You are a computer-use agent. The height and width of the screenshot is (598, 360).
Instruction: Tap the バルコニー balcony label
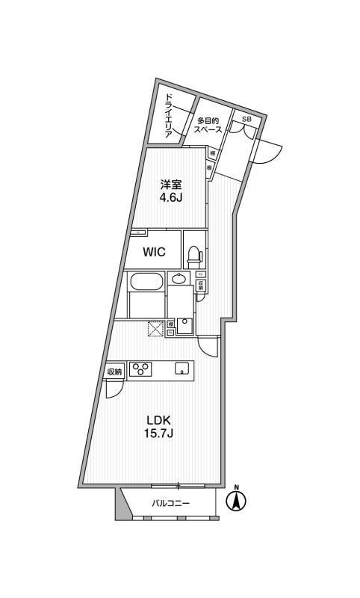[x=171, y=503]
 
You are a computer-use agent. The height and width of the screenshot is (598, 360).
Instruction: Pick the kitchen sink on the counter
[x=181, y=368]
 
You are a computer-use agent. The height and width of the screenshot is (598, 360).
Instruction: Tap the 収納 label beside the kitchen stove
[x=114, y=372]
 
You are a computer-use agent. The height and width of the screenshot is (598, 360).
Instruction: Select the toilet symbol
[x=193, y=255]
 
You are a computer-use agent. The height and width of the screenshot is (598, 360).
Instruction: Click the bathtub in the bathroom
[x=146, y=283]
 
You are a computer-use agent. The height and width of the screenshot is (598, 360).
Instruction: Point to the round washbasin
[x=179, y=280]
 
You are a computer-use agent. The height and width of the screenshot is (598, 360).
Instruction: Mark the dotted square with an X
[x=156, y=328]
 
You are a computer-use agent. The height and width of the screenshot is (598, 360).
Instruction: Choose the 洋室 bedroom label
[x=170, y=185]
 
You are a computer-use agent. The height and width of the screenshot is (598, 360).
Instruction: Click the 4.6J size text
[x=170, y=198]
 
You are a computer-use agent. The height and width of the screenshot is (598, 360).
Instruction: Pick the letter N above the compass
[x=237, y=489]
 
